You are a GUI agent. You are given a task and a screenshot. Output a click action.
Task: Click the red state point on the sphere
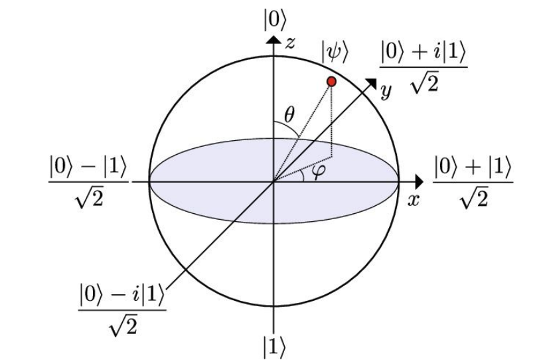332,81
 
